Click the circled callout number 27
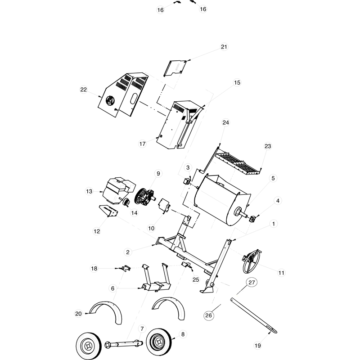pyautogui.click(x=251, y=283)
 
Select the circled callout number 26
pyautogui.click(x=208, y=315)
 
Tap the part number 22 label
pyautogui.click(x=83, y=90)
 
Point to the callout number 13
pyautogui.click(x=89, y=191)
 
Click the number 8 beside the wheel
pyautogui.click(x=183, y=334)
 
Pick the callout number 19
pyautogui.click(x=257, y=346)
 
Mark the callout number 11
pyautogui.click(x=282, y=273)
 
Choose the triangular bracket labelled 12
pyautogui.click(x=108, y=211)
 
